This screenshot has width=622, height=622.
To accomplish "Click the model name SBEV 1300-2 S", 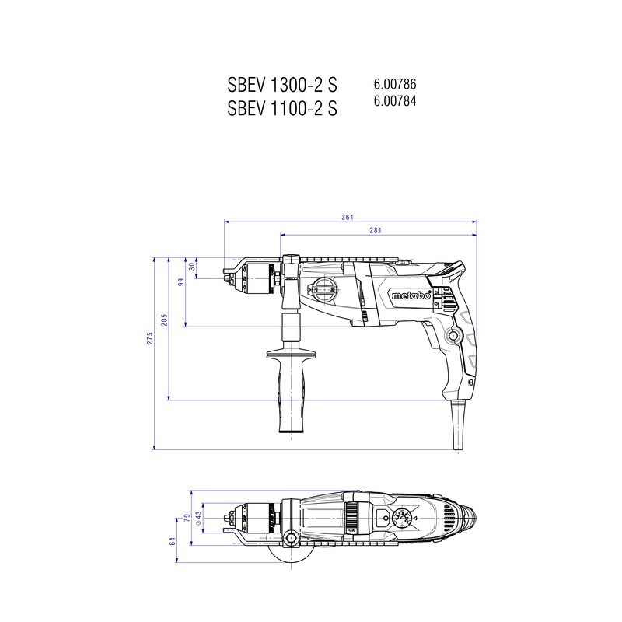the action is (x=282, y=84).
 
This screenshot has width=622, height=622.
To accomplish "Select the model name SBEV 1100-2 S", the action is (x=282, y=107).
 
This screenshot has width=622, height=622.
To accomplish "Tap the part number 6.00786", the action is (x=395, y=84).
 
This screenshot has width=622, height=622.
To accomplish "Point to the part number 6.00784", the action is (x=395, y=101).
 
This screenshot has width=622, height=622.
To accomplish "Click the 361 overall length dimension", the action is (x=347, y=218).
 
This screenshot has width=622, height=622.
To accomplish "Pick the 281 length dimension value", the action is (x=376, y=230).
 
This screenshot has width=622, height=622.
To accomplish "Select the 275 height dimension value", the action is (x=149, y=338).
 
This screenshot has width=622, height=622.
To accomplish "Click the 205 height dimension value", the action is (x=164, y=320).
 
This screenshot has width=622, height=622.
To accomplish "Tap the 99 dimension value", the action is (x=181, y=282).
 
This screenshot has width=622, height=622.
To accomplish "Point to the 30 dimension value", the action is (x=192, y=267).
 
